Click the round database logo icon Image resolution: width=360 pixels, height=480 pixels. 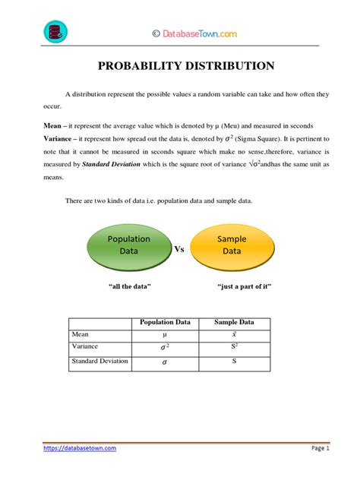tap(54, 32)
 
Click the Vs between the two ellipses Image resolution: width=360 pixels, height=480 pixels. tap(180, 248)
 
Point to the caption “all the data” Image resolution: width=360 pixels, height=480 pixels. tap(131, 286)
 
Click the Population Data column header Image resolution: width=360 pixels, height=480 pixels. tap(164, 322)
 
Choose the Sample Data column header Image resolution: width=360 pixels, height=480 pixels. tap(234, 322)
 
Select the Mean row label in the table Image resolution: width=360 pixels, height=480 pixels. tap(81, 333)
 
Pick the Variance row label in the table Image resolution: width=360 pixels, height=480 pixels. tap(85, 346)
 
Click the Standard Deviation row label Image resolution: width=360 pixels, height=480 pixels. tap(99, 361)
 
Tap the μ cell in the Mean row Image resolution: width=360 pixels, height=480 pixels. tap(164, 334)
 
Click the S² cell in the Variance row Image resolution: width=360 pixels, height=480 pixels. tap(235, 347)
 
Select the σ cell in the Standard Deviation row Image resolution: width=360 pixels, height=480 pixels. tap(164, 362)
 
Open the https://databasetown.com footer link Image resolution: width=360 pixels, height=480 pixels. tap(80, 448)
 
